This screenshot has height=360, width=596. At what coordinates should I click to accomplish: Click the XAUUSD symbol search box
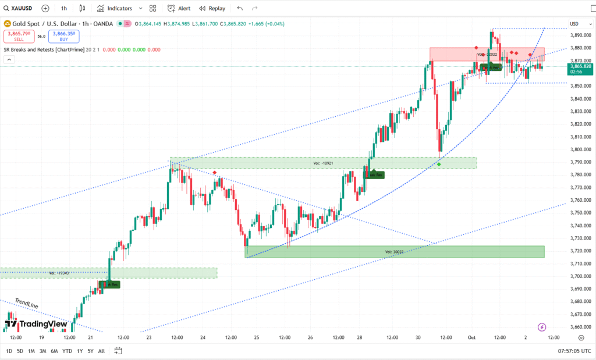[x=19, y=8]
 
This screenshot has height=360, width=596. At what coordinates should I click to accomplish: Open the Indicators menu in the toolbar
[x=115, y=8]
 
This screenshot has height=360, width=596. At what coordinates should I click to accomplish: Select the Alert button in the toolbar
[x=179, y=8]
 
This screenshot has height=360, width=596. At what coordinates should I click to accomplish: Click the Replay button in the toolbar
[x=212, y=8]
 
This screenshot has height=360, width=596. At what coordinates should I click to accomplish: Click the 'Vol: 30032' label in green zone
[x=394, y=252]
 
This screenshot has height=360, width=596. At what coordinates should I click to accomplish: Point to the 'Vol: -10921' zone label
[x=323, y=163]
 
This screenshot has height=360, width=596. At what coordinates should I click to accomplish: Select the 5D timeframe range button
[x=20, y=351]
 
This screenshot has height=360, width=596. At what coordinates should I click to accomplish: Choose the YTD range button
[x=67, y=351]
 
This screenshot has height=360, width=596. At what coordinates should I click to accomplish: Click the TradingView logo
[x=36, y=324]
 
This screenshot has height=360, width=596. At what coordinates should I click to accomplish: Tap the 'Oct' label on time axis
[x=472, y=337]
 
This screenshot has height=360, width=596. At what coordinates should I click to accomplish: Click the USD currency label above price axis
[x=574, y=24]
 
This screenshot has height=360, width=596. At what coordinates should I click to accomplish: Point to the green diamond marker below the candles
[x=439, y=165]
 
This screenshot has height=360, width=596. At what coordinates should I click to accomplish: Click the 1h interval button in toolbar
[x=64, y=8]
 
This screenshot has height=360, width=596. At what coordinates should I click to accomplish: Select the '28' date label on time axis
[x=360, y=337]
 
